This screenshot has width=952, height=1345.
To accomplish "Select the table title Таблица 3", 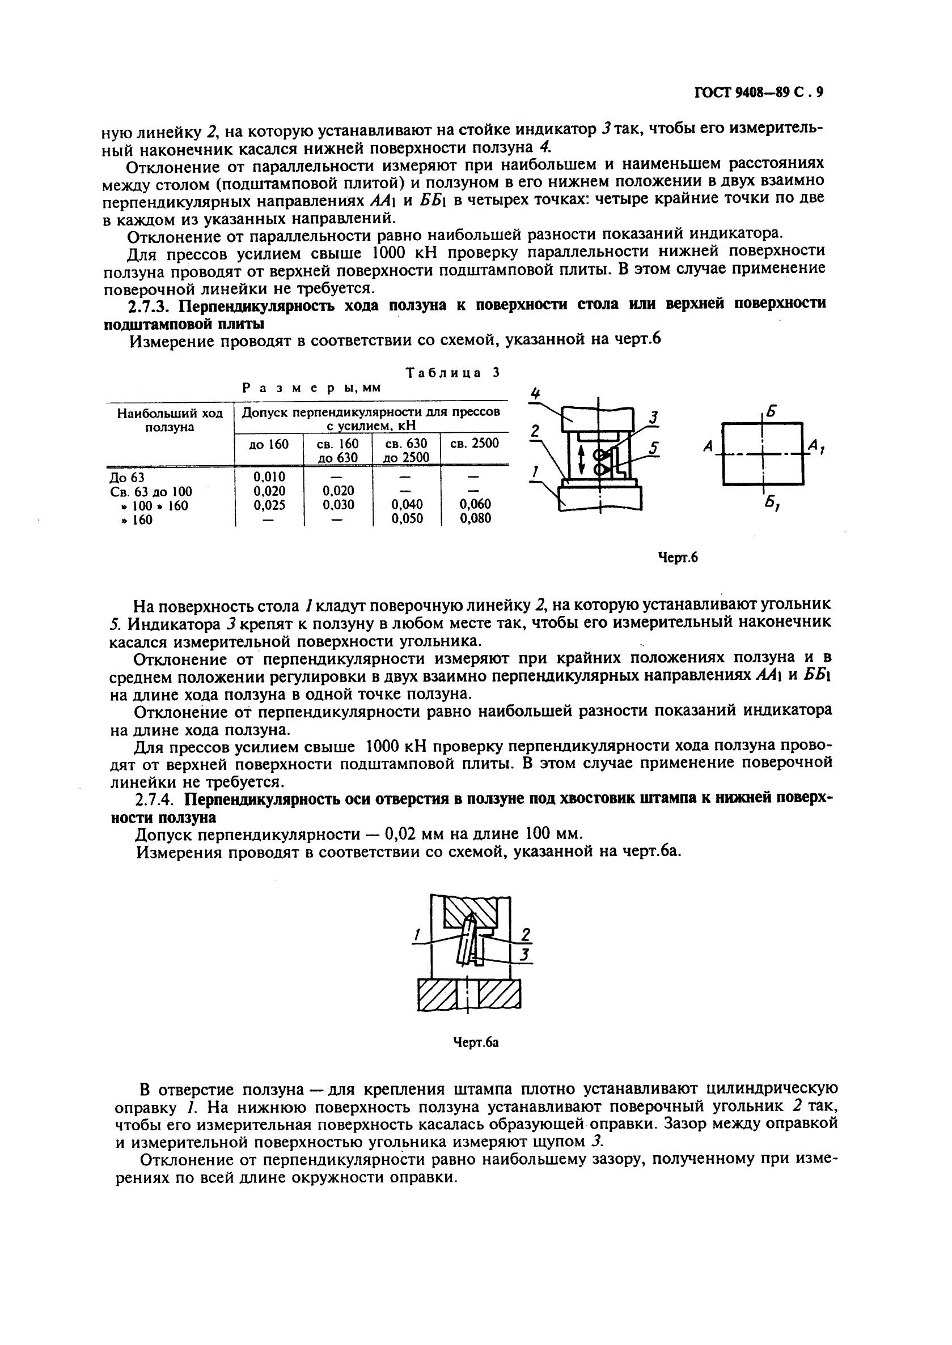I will [x=452, y=373].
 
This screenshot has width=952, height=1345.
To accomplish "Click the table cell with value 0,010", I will [x=269, y=477].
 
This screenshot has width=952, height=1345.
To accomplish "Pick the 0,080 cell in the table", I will [x=475, y=518].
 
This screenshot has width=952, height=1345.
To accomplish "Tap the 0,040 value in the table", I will [x=407, y=504].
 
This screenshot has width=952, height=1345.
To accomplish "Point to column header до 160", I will [x=269, y=444].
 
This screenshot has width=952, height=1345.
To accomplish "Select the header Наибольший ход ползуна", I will [x=170, y=420].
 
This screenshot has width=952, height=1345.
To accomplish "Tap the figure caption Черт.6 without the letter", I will [x=677, y=557].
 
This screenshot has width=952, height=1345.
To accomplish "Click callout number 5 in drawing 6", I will [x=654, y=448].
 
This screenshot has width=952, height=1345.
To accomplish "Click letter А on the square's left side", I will [x=708, y=447].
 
